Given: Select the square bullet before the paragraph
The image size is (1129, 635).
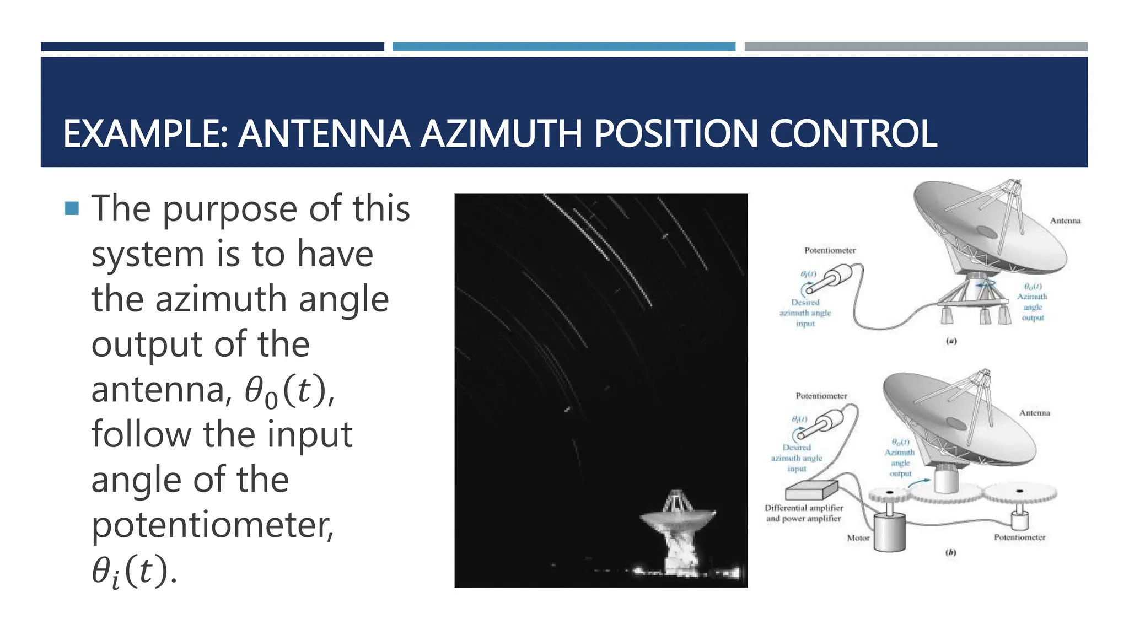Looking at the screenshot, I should pos(72,208).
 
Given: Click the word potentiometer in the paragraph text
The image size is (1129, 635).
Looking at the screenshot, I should pos(212,525).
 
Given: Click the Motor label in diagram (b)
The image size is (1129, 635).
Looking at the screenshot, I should pos(858,538).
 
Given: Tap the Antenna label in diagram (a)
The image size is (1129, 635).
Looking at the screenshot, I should pos(1065,221).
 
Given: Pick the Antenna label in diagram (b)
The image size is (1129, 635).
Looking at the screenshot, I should pos(1034,413).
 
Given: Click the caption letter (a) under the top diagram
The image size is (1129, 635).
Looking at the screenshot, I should pos(951,341).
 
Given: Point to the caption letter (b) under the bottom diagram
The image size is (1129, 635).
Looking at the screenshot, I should pos(950,552).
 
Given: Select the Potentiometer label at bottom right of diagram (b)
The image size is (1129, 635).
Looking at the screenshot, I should pos(1019,537).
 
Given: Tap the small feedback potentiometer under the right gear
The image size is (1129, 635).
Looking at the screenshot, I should pos(1020,518).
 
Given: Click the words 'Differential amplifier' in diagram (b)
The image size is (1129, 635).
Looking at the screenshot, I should pos(804,508).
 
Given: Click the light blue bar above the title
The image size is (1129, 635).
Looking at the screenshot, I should pos(563,47).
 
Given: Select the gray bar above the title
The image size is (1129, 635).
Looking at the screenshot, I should pos(916,47).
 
